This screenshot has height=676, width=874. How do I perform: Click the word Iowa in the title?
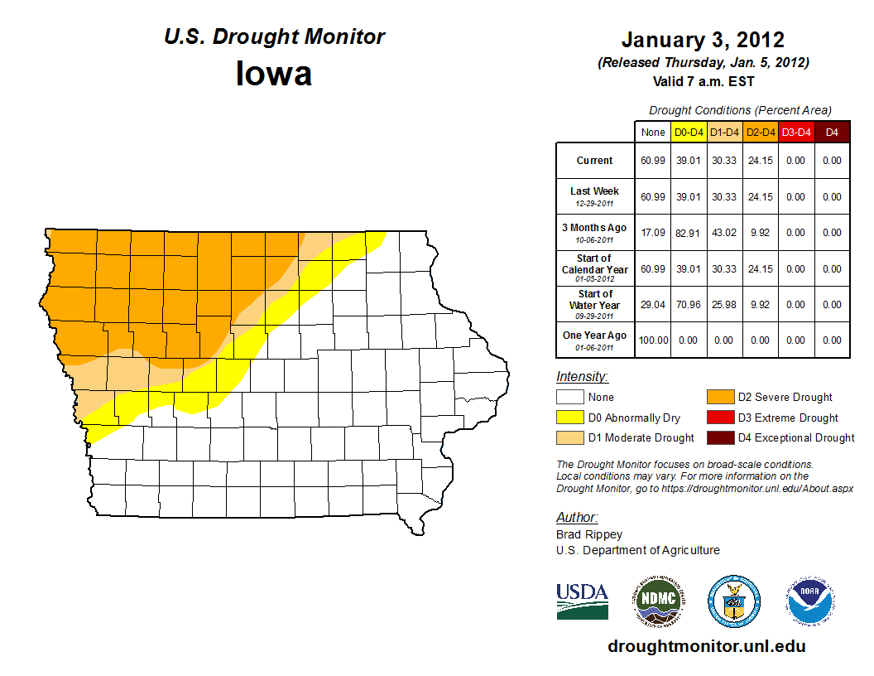pos(274,74)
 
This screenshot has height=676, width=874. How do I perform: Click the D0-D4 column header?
pos(689,132)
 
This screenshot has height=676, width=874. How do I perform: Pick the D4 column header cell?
pos(832,132)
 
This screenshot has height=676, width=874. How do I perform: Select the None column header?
pos(653,132)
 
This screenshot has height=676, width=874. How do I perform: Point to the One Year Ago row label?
pos(595,336)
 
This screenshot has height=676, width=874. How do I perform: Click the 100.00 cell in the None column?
pos(653,340)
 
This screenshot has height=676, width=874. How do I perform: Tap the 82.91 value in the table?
pos(689,233)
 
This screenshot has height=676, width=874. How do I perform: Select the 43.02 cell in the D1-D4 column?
pos(724,233)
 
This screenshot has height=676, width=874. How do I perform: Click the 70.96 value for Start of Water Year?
pos(689,305)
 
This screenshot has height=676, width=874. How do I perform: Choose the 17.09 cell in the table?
pos(653,233)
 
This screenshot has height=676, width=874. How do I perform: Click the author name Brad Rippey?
pos(588,534)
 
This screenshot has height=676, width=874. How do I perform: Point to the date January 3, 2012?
pos(703,40)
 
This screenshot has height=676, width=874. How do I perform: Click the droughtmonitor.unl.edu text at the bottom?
pos(706,646)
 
